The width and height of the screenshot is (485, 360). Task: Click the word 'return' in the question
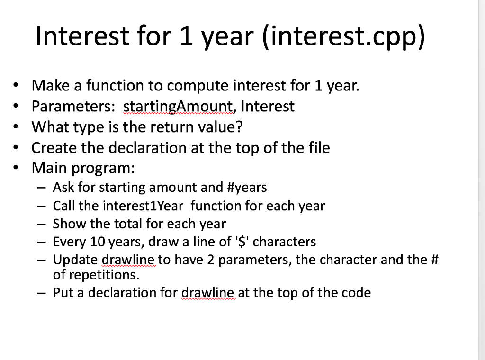(171, 127)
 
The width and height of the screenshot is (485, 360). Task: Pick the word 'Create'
(54, 148)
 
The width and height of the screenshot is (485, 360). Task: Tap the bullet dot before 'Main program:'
(17, 168)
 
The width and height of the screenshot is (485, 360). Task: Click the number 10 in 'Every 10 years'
(98, 242)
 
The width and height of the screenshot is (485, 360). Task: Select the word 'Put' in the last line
(62, 293)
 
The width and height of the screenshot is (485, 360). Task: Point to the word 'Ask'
(63, 188)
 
